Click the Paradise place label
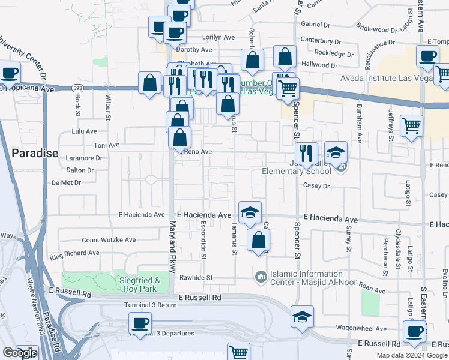(x=35, y=153)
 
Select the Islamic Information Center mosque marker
(x=260, y=277)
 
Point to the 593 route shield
(x=77, y=88)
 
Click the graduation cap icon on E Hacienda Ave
(x=250, y=212)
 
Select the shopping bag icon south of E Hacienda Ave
(x=258, y=240)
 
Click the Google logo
(x=20, y=353)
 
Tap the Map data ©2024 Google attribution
(x=412, y=355)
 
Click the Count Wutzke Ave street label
(x=109, y=240)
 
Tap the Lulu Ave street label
(x=84, y=131)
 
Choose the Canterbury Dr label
(x=321, y=41)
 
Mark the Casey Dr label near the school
(x=317, y=186)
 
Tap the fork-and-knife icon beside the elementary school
(x=307, y=154)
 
